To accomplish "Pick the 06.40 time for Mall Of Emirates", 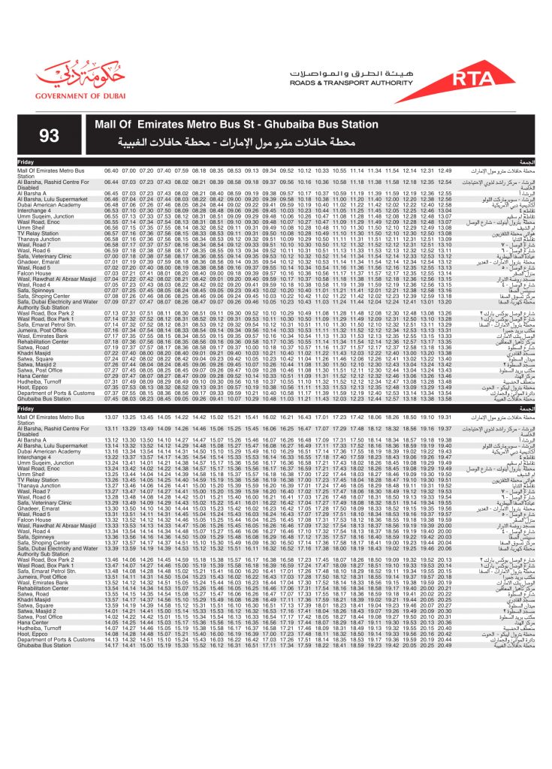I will pos(111,171).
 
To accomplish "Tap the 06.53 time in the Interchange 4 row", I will pos(111,211).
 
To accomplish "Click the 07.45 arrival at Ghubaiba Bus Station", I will pos(111,399).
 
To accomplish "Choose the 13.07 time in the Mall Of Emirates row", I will pos(111,417).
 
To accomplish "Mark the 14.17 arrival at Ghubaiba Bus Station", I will pos(111,645).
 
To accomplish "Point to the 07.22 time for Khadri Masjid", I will pos(111,353).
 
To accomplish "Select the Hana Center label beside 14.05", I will pos(33,622).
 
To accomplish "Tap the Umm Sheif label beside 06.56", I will pos(29,228).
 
